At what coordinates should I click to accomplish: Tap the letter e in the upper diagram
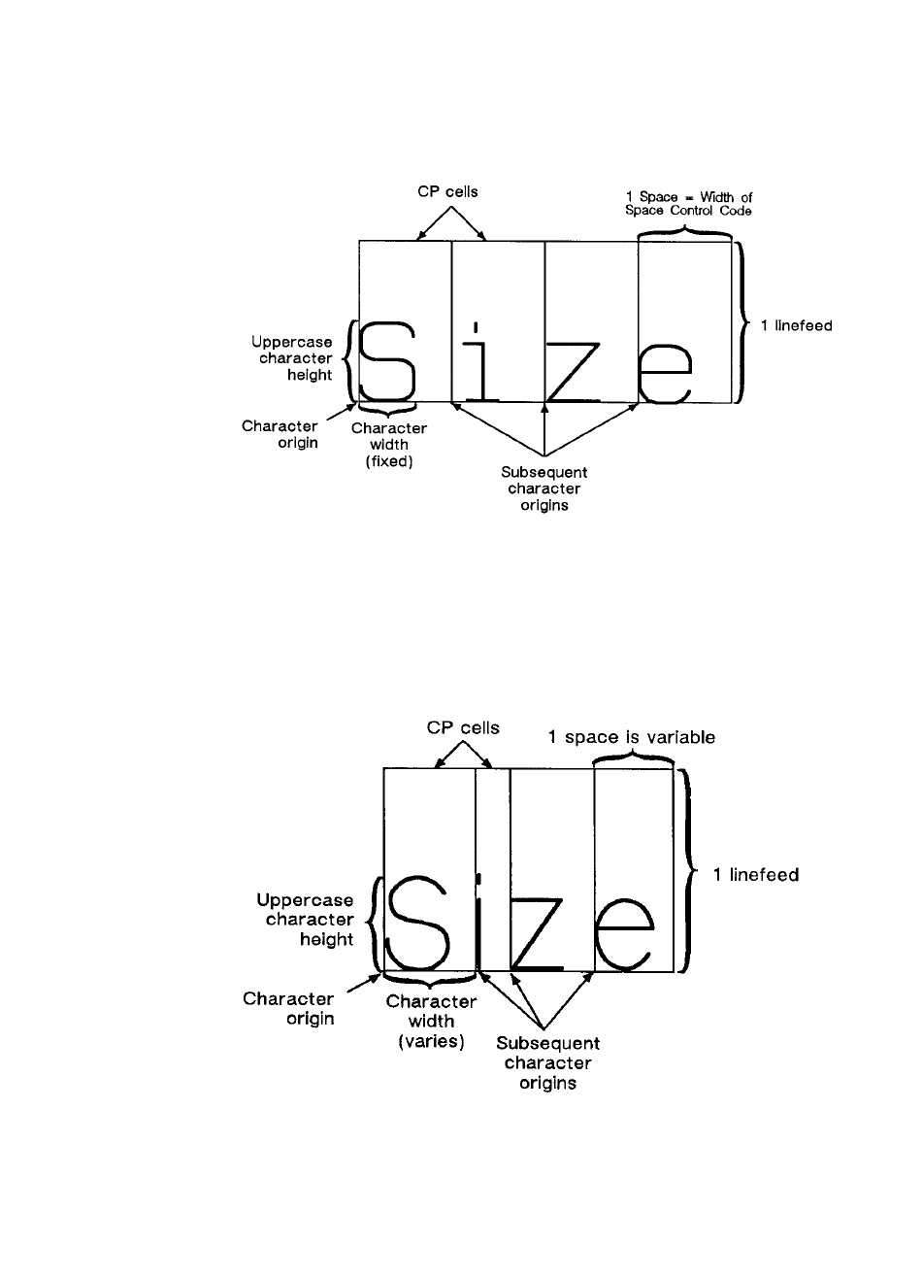click(666, 374)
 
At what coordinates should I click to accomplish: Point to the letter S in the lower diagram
click(420, 924)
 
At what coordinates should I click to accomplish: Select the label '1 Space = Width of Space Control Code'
click(688, 204)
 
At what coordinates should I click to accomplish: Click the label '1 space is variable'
click(632, 737)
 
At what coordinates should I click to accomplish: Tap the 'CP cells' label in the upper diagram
click(442, 191)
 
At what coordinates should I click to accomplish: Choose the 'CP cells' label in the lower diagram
click(464, 727)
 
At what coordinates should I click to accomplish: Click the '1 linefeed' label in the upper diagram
click(796, 325)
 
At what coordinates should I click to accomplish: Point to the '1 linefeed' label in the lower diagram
click(756, 875)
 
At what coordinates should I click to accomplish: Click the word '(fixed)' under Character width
click(389, 462)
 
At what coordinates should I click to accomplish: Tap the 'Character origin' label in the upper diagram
click(280, 435)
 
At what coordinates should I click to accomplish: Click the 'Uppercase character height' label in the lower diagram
click(311, 920)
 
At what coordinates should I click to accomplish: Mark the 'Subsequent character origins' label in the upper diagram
click(543, 488)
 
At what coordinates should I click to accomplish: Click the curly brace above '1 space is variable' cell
click(633, 757)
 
